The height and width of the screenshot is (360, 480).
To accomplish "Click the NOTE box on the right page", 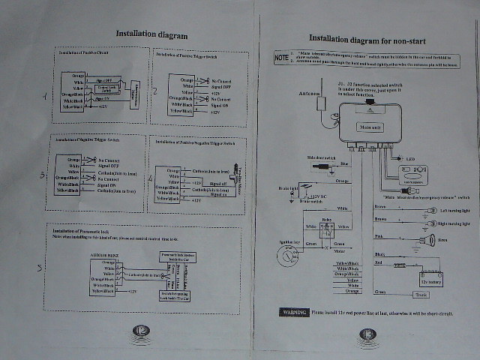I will tap(281, 55).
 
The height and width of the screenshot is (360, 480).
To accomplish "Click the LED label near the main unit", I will tap(409, 160).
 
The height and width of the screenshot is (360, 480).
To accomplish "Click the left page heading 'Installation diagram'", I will tap(151, 34).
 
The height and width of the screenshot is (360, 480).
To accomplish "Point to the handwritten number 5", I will tap(40, 268).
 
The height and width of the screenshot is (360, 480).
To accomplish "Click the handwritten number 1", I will tap(44, 95).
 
